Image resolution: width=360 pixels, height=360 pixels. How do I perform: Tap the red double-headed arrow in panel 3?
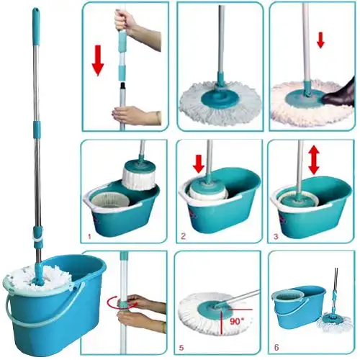click(314, 161)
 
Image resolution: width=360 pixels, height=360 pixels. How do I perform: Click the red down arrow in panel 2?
click(199, 163)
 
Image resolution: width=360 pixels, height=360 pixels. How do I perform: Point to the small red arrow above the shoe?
click(320, 43)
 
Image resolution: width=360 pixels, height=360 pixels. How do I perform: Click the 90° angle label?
click(237, 321)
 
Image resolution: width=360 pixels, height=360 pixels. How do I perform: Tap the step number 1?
click(89, 237)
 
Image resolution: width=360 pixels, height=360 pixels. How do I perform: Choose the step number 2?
click(183, 236)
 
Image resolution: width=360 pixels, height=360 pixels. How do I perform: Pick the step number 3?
click(276, 237)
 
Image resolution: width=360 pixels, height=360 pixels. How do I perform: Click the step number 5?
click(181, 347)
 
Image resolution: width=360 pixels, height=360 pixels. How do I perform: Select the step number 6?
click(276, 347)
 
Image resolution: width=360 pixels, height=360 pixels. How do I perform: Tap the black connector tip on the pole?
click(123, 85)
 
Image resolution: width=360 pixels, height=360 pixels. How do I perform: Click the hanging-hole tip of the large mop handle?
click(37, 10)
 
